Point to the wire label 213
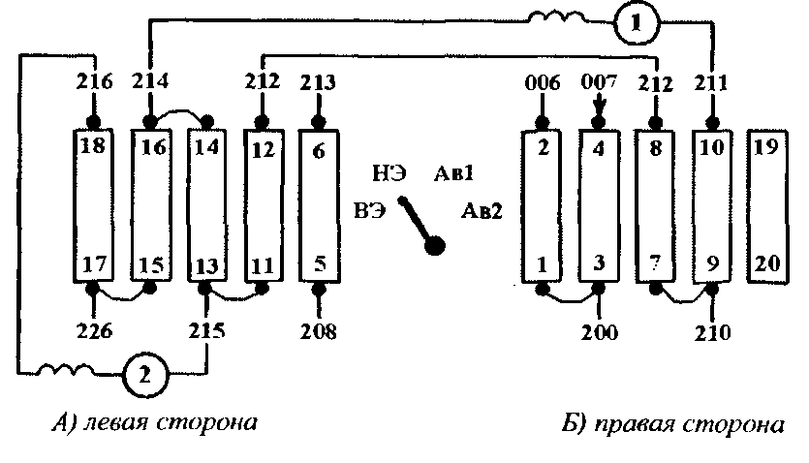click(319, 82)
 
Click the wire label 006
click(544, 82)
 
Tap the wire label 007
click(600, 82)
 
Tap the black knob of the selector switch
click(436, 246)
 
